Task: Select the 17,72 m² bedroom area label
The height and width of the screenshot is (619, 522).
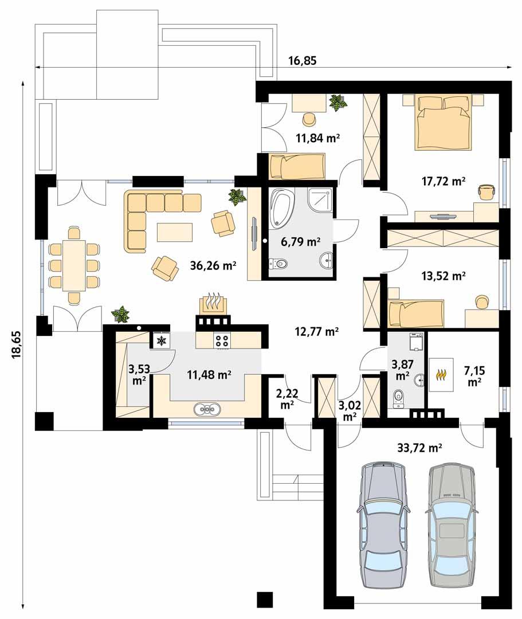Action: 442,181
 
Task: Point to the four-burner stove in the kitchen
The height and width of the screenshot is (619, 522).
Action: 222,340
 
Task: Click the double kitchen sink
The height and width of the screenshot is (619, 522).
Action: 207,409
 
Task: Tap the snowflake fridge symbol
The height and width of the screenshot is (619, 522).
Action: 161,341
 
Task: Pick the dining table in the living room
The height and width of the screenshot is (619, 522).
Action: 74,265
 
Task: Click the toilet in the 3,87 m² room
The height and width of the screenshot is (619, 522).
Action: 397,397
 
